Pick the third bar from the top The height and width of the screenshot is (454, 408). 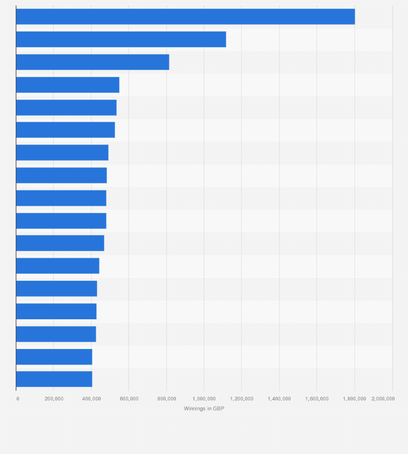pyautogui.click(x=93, y=62)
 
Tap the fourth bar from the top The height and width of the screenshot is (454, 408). pyautogui.click(x=68, y=85)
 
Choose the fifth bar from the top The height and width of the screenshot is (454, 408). pyautogui.click(x=66, y=108)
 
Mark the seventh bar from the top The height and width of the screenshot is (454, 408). pyautogui.click(x=62, y=153)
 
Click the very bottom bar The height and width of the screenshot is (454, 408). pyautogui.click(x=54, y=379)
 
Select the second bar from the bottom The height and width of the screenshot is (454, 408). pyautogui.click(x=54, y=357)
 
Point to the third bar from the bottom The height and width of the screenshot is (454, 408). pyautogui.click(x=56, y=334)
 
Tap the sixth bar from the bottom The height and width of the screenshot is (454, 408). pyautogui.click(x=57, y=266)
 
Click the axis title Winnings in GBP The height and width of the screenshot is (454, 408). pyautogui.click(x=204, y=409)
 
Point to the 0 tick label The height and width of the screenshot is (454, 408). pyautogui.click(x=17, y=399)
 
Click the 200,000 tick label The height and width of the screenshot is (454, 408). pyautogui.click(x=54, y=399)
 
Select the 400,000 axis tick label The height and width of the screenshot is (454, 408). pyautogui.click(x=91, y=399)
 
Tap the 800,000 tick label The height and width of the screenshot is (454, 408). pyautogui.click(x=167, y=399)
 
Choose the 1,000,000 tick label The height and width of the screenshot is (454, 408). pyautogui.click(x=204, y=399)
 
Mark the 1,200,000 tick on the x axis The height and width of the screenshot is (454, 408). pyautogui.click(x=241, y=399)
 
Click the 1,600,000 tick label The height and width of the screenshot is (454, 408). pyautogui.click(x=317, y=399)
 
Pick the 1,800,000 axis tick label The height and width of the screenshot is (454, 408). pyautogui.click(x=354, y=399)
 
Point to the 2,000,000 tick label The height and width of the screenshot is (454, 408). pyautogui.click(x=383, y=399)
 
